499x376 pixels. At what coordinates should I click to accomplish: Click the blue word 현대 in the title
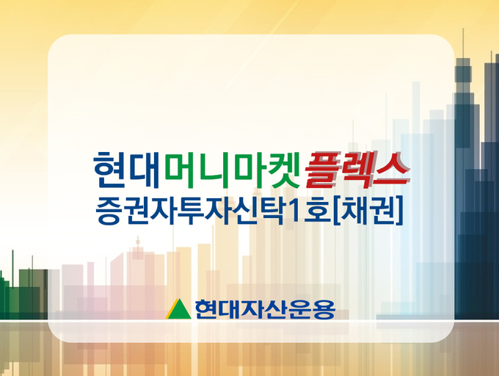point(126,170)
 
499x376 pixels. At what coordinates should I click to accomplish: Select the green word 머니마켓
point(233,170)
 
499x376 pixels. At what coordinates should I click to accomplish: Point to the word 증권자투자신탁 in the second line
point(189,211)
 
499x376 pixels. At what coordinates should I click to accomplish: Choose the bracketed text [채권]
point(368,211)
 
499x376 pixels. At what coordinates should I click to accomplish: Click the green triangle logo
point(178,309)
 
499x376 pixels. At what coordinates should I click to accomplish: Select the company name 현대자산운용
point(265,309)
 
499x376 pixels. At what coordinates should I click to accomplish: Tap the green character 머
point(180,170)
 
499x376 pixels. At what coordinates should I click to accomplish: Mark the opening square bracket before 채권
point(336,211)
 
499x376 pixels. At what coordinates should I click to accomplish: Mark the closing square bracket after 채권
point(399,211)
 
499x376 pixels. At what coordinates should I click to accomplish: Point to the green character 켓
point(284,170)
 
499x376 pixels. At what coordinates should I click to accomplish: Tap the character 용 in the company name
point(324,309)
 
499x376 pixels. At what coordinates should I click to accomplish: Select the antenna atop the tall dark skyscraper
point(463,43)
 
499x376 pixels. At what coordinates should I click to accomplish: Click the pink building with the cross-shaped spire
point(138,274)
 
